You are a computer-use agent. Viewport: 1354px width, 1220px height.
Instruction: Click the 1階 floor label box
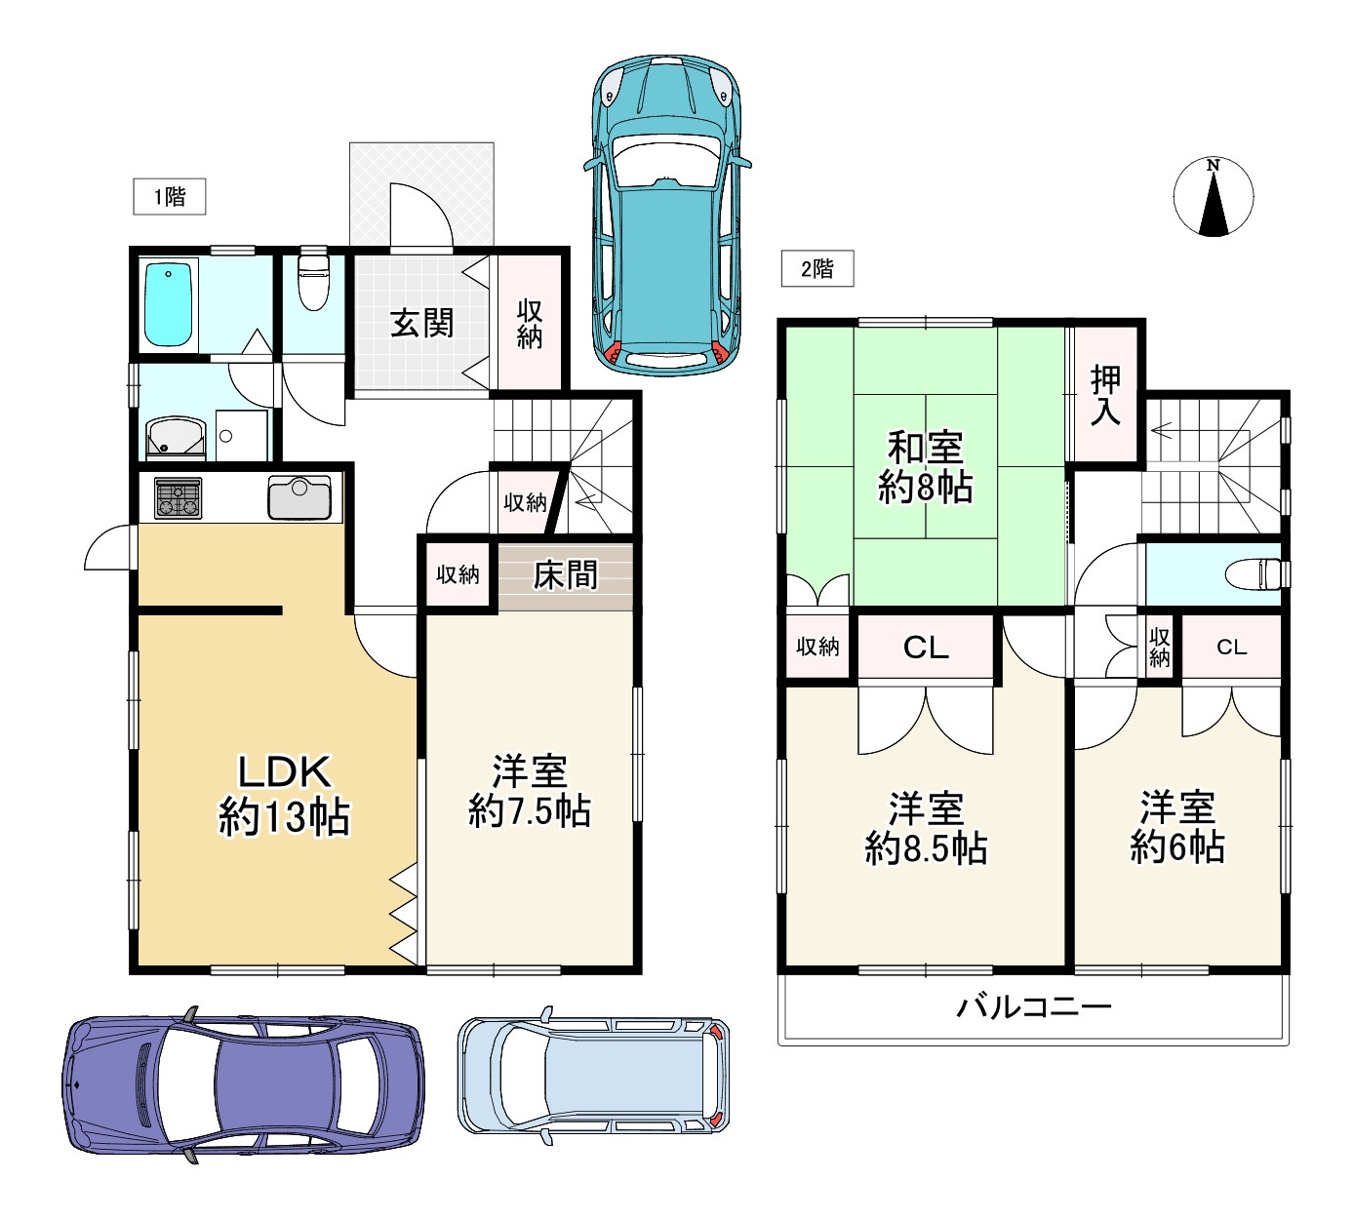[x=170, y=196]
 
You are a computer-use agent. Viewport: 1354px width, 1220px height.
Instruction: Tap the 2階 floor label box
[x=817, y=268]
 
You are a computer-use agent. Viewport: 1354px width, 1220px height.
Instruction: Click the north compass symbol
[x=1213, y=197]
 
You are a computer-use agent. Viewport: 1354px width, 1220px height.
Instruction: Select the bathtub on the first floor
[x=168, y=305]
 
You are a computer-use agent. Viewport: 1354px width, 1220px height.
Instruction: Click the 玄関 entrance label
[x=421, y=323]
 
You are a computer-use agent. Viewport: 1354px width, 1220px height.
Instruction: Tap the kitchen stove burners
[x=179, y=498]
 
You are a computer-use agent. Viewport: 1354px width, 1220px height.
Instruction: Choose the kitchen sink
[x=299, y=498]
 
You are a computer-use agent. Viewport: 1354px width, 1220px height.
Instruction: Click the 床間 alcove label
[x=565, y=575]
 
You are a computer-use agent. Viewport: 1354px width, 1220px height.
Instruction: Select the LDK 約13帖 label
[x=284, y=795]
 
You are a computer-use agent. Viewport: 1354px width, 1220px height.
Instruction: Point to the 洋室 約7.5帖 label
[x=530, y=790]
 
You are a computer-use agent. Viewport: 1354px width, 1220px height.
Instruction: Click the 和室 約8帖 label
[x=926, y=467]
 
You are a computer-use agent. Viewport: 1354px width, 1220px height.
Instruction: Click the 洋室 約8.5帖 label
[x=926, y=829]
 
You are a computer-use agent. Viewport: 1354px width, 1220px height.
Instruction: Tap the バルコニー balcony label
[x=1033, y=1007]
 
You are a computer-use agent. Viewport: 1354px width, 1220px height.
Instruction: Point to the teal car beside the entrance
[x=667, y=216]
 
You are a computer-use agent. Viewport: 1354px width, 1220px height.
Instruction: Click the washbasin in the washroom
[x=177, y=437]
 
